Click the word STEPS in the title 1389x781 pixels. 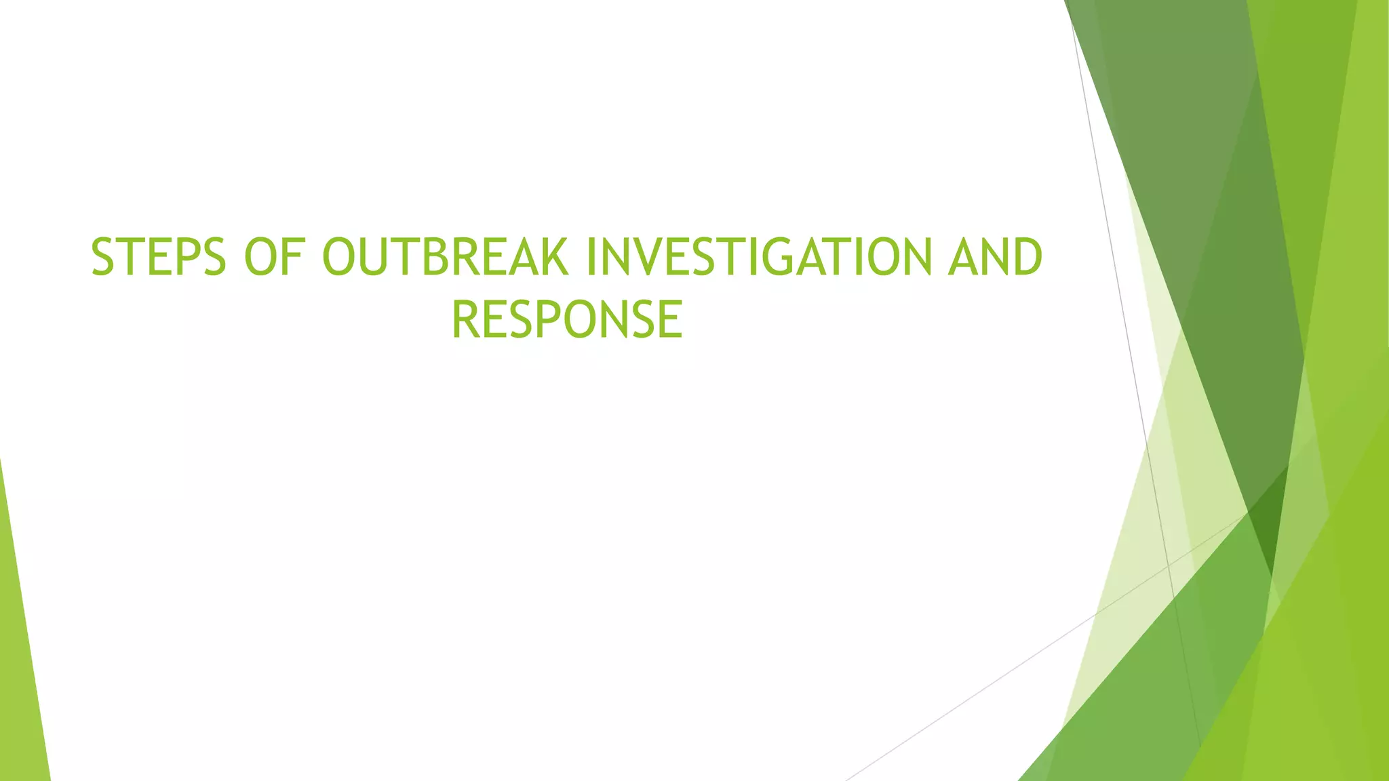pyautogui.click(x=158, y=258)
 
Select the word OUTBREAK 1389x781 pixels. pyautogui.click(x=445, y=258)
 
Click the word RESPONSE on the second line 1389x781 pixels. pyautogui.click(x=567, y=320)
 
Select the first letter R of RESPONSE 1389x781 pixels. pyautogui.click(x=465, y=320)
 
